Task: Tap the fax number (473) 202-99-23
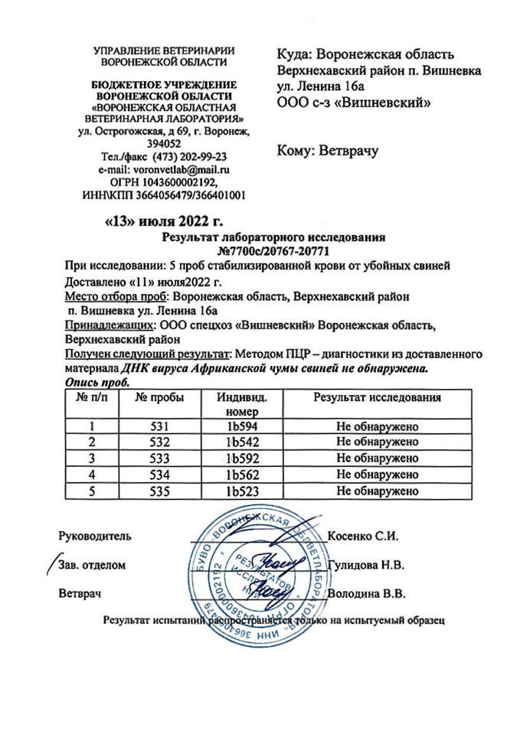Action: (190, 156)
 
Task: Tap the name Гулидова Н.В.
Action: (366, 565)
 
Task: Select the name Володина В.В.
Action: (366, 593)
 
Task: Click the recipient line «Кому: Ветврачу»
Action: (328, 152)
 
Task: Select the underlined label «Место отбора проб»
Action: (116, 296)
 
